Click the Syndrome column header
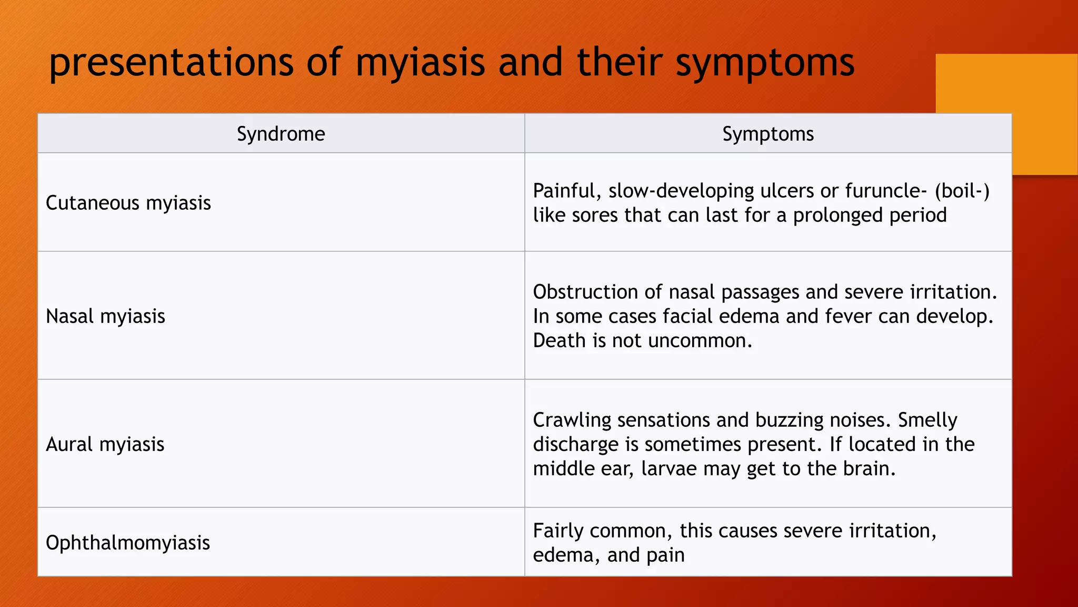pyautogui.click(x=281, y=134)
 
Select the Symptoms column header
pyautogui.click(x=767, y=134)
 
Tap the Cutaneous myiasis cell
pyautogui.click(x=128, y=203)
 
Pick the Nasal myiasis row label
pyautogui.click(x=105, y=316)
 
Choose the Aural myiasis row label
pyautogui.click(x=105, y=444)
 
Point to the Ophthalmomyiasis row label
pyautogui.click(x=127, y=543)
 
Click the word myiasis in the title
pyautogui.click(x=420, y=63)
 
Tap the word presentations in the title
pyautogui.click(x=171, y=63)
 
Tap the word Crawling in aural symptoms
pyautogui.click(x=572, y=420)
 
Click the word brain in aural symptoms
pyautogui.click(x=869, y=468)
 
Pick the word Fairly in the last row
pyautogui.click(x=558, y=531)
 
